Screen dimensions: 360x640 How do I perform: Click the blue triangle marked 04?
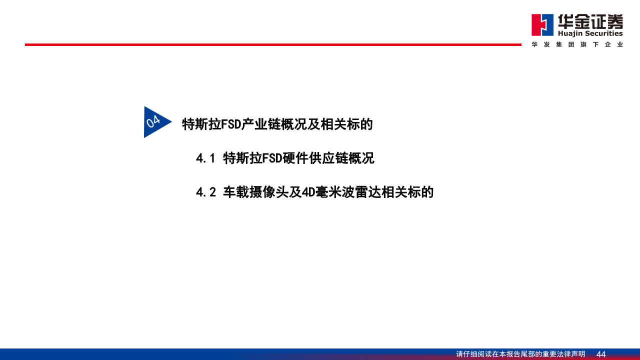(x=154, y=121)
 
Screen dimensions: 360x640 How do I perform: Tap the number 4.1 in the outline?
(x=205, y=158)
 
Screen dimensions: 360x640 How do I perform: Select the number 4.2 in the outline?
(x=205, y=192)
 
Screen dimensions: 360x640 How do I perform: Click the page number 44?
(x=601, y=354)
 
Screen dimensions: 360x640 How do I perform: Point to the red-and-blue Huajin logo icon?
(x=542, y=25)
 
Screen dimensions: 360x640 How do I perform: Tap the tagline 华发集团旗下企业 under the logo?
(x=577, y=44)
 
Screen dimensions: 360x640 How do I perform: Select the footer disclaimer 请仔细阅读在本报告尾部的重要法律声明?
(x=520, y=354)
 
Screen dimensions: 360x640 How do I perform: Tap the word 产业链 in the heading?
(x=264, y=124)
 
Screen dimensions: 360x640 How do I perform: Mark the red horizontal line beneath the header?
(x=273, y=44)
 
